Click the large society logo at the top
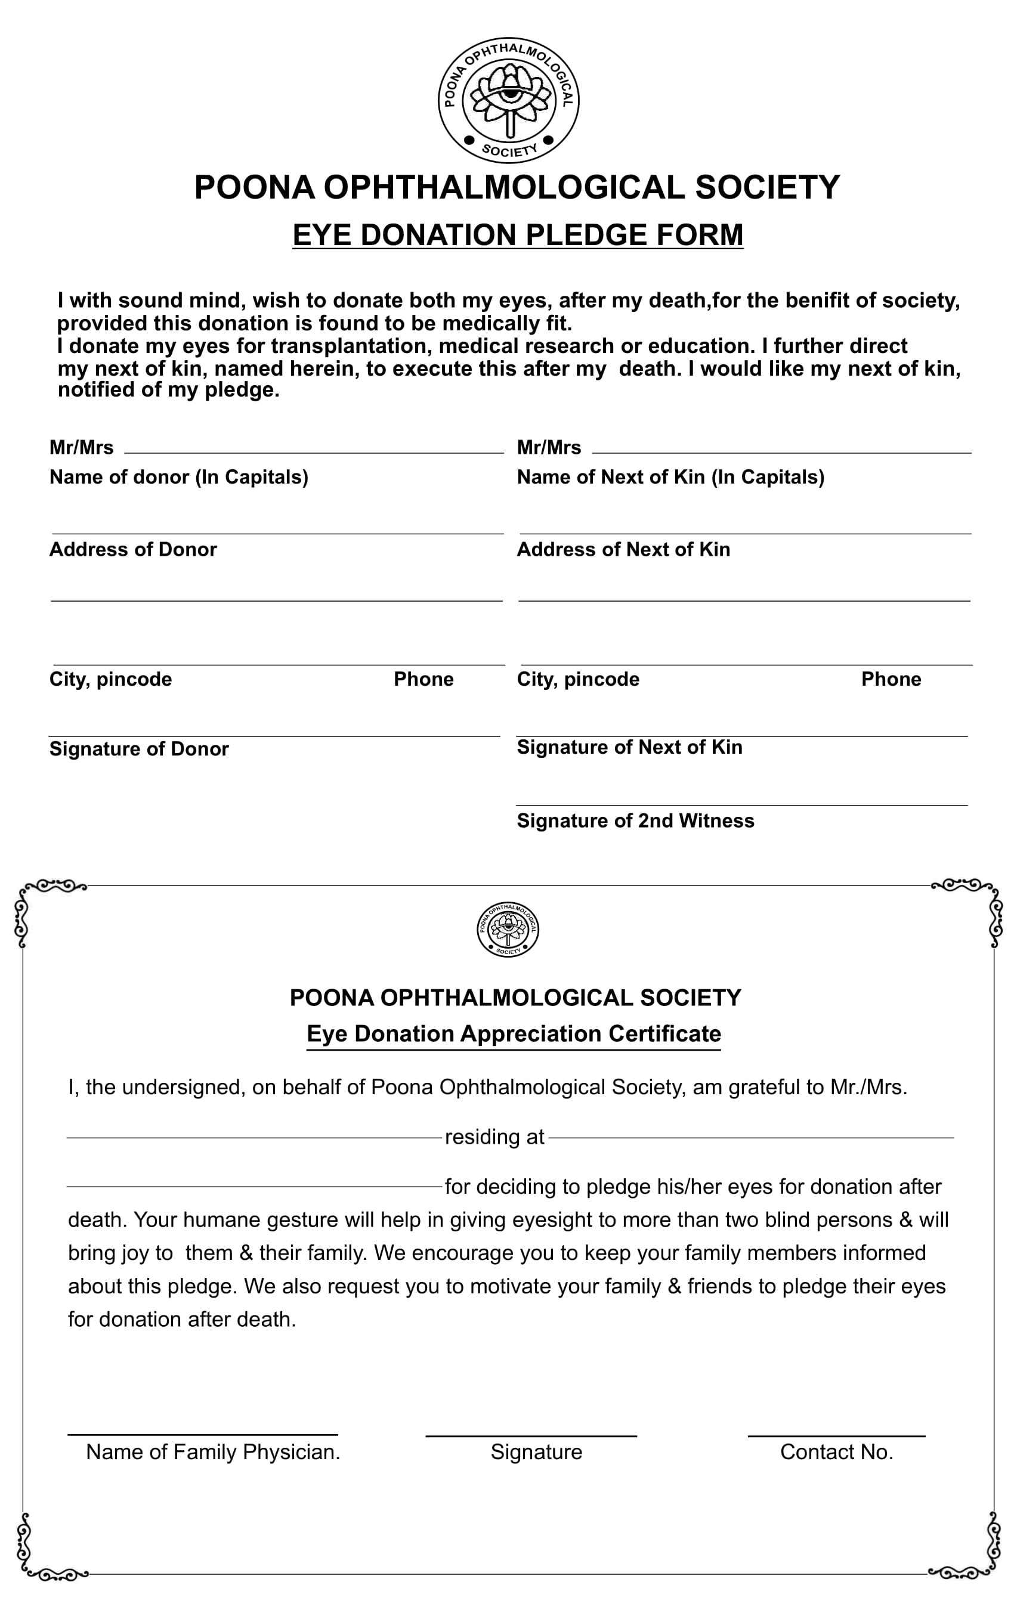point(508,100)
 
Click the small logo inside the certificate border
point(508,930)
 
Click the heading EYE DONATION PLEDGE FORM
point(518,235)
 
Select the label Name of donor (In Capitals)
point(178,476)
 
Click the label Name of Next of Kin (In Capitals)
point(670,476)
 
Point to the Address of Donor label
point(133,549)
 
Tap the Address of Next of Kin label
point(623,549)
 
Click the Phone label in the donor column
point(423,679)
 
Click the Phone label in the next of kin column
point(891,679)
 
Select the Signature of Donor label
point(139,749)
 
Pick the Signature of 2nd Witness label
point(635,821)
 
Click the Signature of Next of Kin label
point(629,747)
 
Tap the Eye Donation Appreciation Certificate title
point(514,1033)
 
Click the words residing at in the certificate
point(494,1137)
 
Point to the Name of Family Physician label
point(213,1451)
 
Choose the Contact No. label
point(836,1451)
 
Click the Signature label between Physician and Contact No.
point(536,1451)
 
